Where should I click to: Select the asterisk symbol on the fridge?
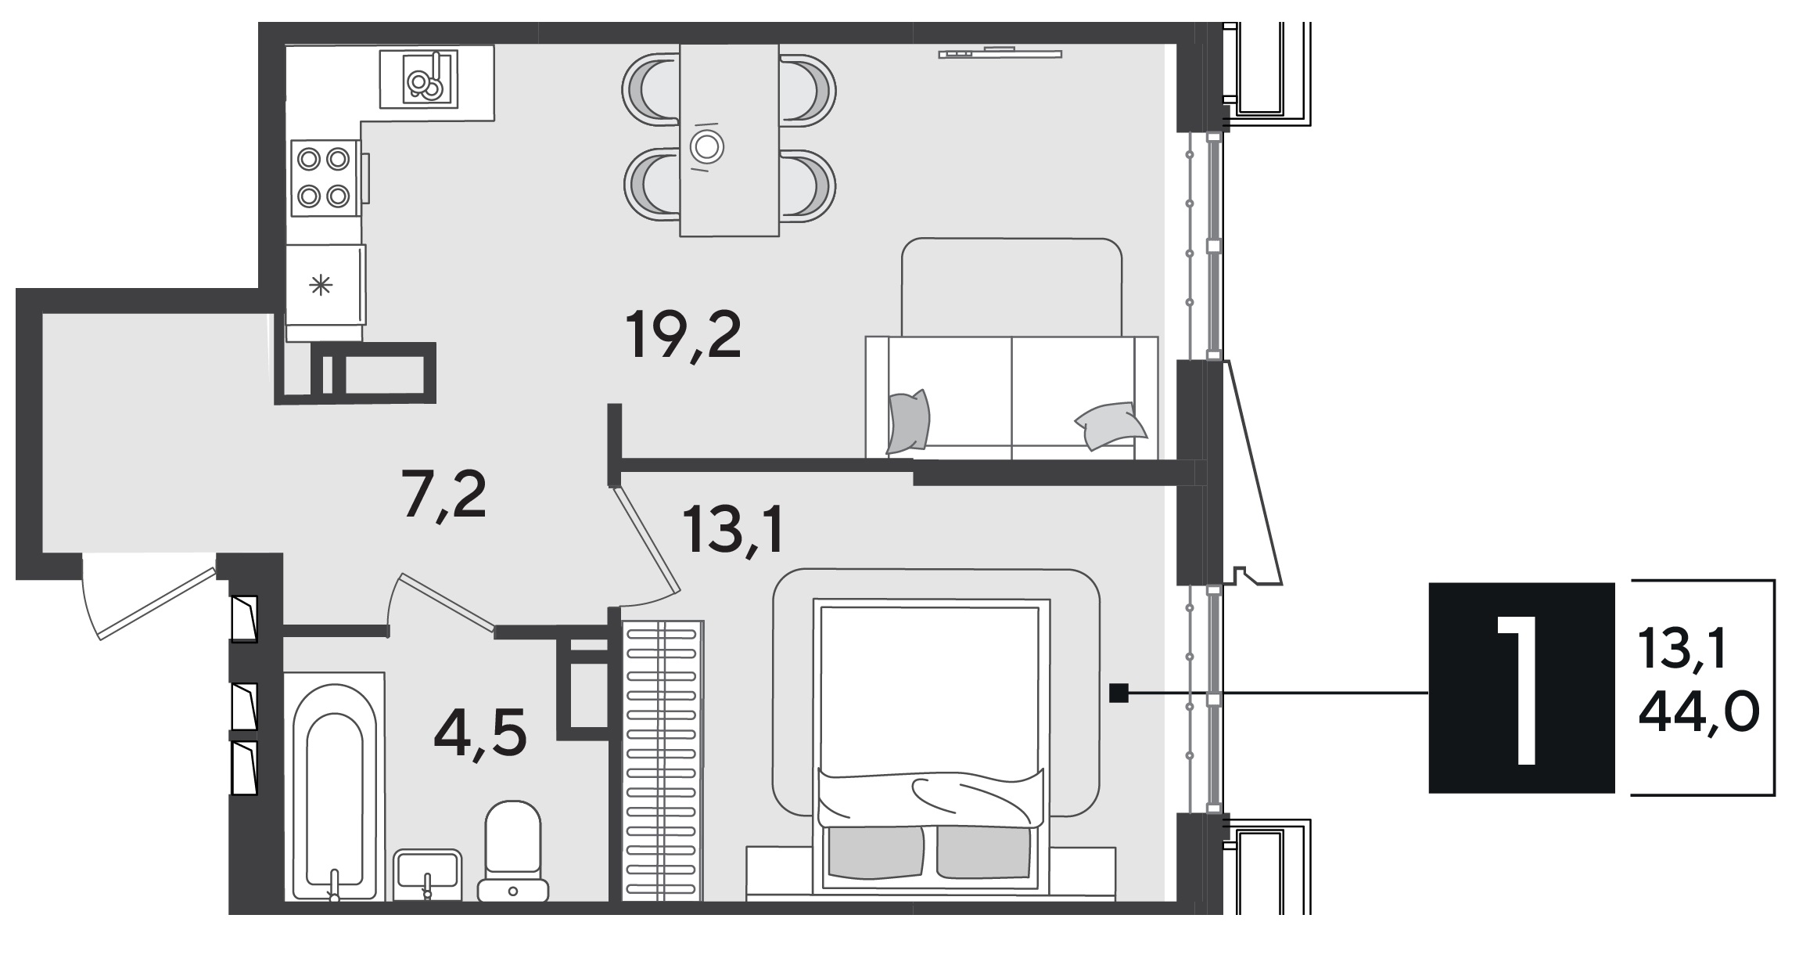pyautogui.click(x=321, y=286)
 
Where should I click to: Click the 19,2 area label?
pyautogui.click(x=684, y=337)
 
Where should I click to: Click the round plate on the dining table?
pyautogui.click(x=707, y=146)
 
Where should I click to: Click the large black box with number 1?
pyautogui.click(x=1521, y=688)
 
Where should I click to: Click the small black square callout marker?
pyautogui.click(x=1119, y=693)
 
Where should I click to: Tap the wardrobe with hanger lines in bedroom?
pyautogui.click(x=663, y=761)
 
